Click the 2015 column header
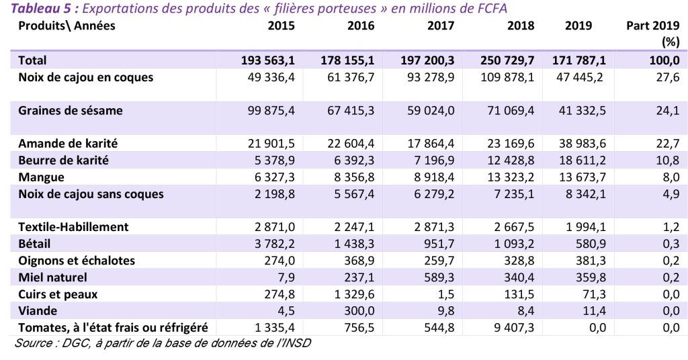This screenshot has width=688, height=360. (x=281, y=26)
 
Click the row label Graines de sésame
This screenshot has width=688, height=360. (x=71, y=110)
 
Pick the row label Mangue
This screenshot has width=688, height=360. (x=42, y=177)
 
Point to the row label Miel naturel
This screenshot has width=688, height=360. (x=53, y=277)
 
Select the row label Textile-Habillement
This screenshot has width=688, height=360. (x=73, y=226)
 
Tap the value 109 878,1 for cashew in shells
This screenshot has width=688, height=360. (x=509, y=77)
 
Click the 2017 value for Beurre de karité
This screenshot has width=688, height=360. (x=432, y=161)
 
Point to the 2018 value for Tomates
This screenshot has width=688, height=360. (x=512, y=327)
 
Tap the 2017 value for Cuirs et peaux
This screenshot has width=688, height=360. (x=444, y=294)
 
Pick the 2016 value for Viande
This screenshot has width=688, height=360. (x=362, y=310)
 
